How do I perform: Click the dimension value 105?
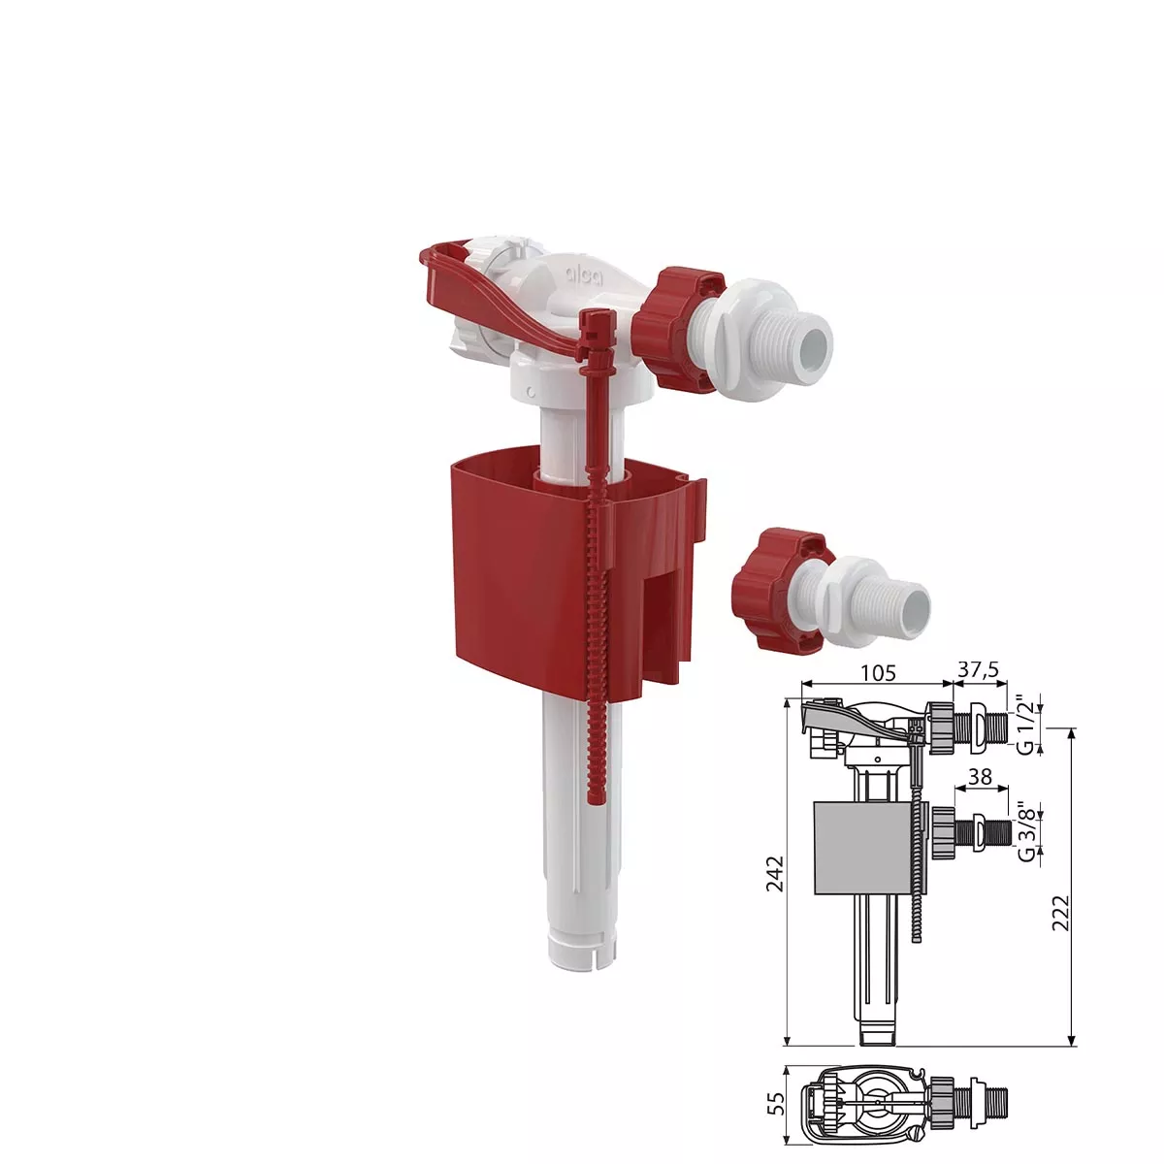coord(878,672)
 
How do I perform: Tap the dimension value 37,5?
coord(979,670)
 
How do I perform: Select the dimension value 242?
coord(774,873)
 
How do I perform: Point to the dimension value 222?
coord(1061,913)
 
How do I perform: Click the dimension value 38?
coord(979,777)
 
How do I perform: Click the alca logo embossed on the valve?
coord(583,276)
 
